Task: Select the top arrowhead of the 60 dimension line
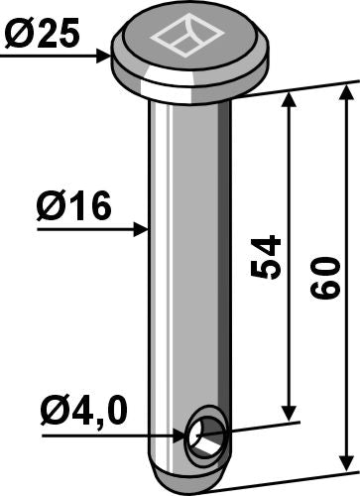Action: [347, 92]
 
